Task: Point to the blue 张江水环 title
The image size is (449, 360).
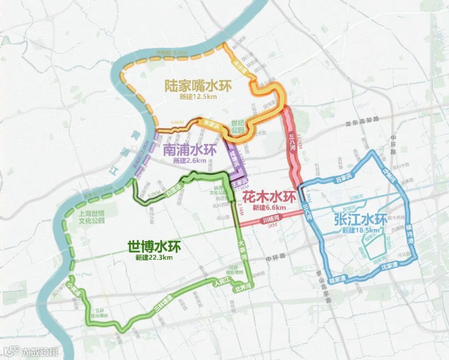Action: pos(360,219)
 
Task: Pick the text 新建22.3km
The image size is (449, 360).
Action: pos(154,257)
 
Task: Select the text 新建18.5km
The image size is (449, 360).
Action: pos(360,230)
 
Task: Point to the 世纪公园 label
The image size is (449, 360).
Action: pos(238,127)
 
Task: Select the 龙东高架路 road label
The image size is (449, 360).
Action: pos(362,119)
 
